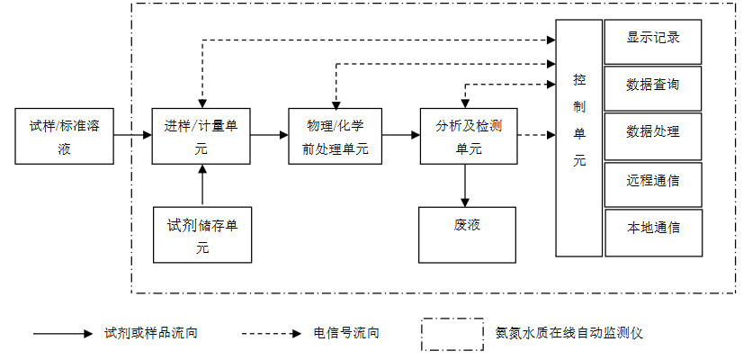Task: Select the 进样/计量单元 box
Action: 201,136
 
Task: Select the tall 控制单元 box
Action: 578,138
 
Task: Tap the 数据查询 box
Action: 653,86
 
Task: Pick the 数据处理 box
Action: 653,133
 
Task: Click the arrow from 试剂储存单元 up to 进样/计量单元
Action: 202,184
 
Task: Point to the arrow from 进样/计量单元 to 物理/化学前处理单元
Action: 269,136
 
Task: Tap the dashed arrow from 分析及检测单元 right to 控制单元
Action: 536,136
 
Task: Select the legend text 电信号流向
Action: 346,333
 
